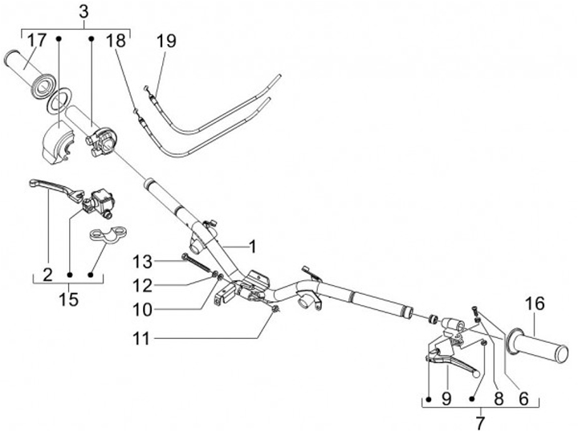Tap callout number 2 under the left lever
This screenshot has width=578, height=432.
click(47, 275)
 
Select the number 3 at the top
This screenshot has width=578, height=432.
click(84, 10)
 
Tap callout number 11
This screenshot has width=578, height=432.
click(142, 340)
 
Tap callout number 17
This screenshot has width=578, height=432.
click(37, 40)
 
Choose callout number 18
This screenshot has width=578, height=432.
click(116, 40)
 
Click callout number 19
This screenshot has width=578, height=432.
click(166, 40)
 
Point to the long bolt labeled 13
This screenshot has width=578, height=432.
click(197, 263)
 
